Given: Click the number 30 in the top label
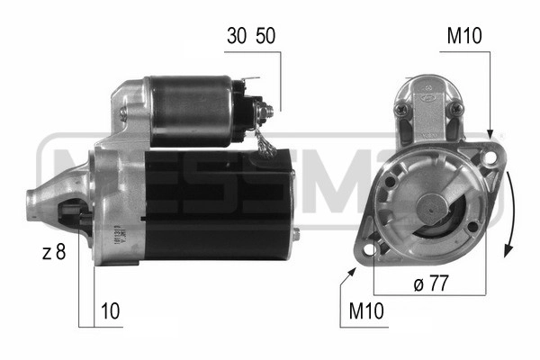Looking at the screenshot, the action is pos(237,36).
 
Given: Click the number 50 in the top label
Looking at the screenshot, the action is pos(265,36).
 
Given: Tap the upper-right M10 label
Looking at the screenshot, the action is pos(464,36).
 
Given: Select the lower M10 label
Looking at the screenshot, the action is pos(366,311).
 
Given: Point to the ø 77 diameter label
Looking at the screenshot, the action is pos(431,283).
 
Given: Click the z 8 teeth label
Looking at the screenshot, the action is pos(54,252).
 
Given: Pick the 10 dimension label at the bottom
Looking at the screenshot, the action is pos(110,311).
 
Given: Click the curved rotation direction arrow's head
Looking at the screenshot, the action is pos(508,250).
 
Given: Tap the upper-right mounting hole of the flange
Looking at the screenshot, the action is pos(490,157).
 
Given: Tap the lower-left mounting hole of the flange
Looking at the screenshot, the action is pos(370,250).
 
